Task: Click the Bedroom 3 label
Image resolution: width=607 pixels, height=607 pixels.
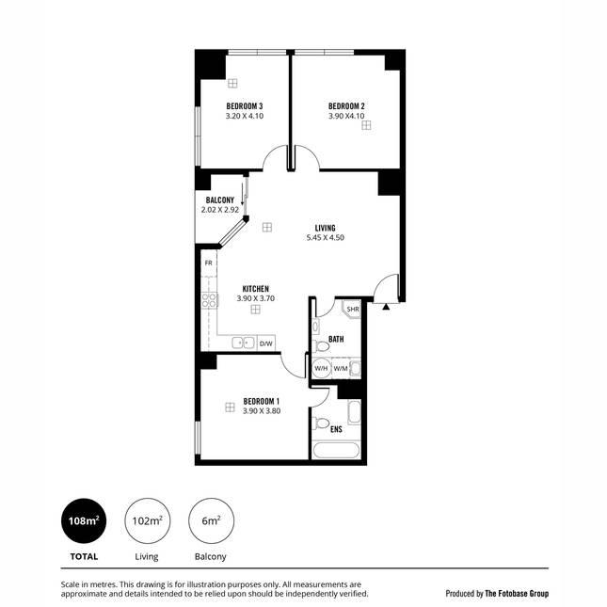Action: coord(245,106)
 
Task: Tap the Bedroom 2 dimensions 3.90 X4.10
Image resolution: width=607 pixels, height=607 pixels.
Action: coord(346,116)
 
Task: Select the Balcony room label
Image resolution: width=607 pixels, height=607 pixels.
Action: coord(220,200)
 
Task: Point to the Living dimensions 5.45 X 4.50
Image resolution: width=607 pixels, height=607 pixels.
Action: coord(326,238)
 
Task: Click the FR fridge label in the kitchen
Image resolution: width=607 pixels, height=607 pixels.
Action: coord(209,264)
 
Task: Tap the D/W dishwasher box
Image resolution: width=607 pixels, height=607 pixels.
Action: coord(266,343)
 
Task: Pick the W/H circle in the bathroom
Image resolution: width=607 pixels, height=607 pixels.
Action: coord(321,368)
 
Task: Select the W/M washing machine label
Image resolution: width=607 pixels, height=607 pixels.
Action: coord(341,369)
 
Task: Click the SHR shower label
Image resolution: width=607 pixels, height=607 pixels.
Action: coord(353,310)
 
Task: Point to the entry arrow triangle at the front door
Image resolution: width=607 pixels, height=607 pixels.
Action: coord(386,307)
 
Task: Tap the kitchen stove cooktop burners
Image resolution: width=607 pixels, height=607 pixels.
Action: coord(209,301)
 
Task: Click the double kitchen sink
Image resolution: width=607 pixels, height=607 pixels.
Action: coord(243,343)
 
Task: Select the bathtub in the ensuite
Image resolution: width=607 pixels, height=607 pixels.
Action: coord(336,451)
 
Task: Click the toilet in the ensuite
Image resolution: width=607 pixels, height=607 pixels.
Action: coord(321,423)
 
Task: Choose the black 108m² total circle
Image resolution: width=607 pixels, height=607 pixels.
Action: coord(84,520)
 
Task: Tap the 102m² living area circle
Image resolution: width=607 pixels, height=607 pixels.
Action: coord(147,520)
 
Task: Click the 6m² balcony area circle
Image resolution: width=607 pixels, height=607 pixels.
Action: coord(211,520)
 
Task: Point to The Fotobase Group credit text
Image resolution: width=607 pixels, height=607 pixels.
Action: coord(517,594)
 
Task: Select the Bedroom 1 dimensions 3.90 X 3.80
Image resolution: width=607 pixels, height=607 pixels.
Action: coord(262,411)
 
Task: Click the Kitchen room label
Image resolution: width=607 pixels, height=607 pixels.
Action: coord(255,289)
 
